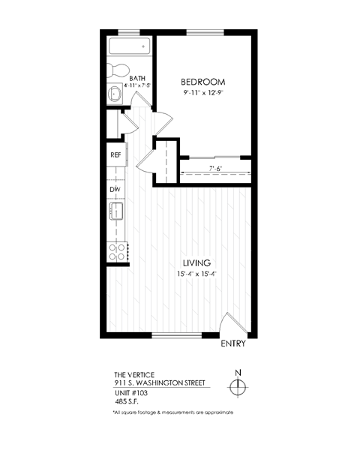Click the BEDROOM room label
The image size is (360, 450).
coord(203,82)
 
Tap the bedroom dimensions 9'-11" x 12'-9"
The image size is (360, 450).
coord(203,94)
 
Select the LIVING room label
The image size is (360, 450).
coord(196,262)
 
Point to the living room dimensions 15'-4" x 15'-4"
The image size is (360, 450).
coord(196,274)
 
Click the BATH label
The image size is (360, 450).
coord(137,78)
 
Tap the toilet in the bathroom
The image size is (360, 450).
coord(116,70)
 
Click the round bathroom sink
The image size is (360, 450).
coord(115,94)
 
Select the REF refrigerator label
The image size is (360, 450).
coord(116,155)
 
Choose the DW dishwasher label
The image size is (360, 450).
coord(115,190)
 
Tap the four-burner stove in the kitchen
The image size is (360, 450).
coord(117,251)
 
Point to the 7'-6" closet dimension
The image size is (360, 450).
coord(216,169)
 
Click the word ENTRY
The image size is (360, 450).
coord(233,344)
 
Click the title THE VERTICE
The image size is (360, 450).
coord(134,373)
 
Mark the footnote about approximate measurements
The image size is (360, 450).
coord(173,412)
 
